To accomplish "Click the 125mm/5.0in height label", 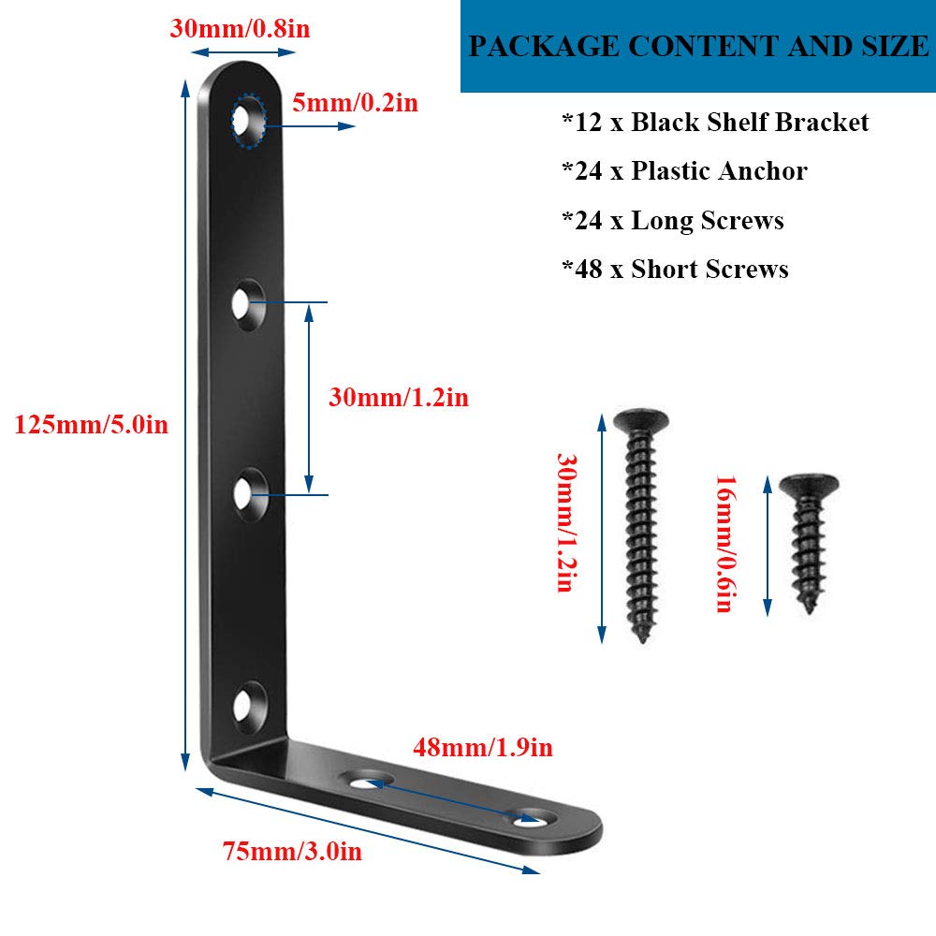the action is pos(92,424).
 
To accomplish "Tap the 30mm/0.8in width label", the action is pos(240,29).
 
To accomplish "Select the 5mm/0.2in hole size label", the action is pos(355,103).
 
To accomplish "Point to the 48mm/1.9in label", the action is pos(483,747).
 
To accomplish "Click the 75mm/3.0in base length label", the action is pos(292,851).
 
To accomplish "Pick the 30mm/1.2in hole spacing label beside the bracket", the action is pos(399,398).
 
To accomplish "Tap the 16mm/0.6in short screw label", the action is pos(725,544).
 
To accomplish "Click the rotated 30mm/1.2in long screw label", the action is pos(566,523).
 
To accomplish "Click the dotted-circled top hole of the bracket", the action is pos(248,121).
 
